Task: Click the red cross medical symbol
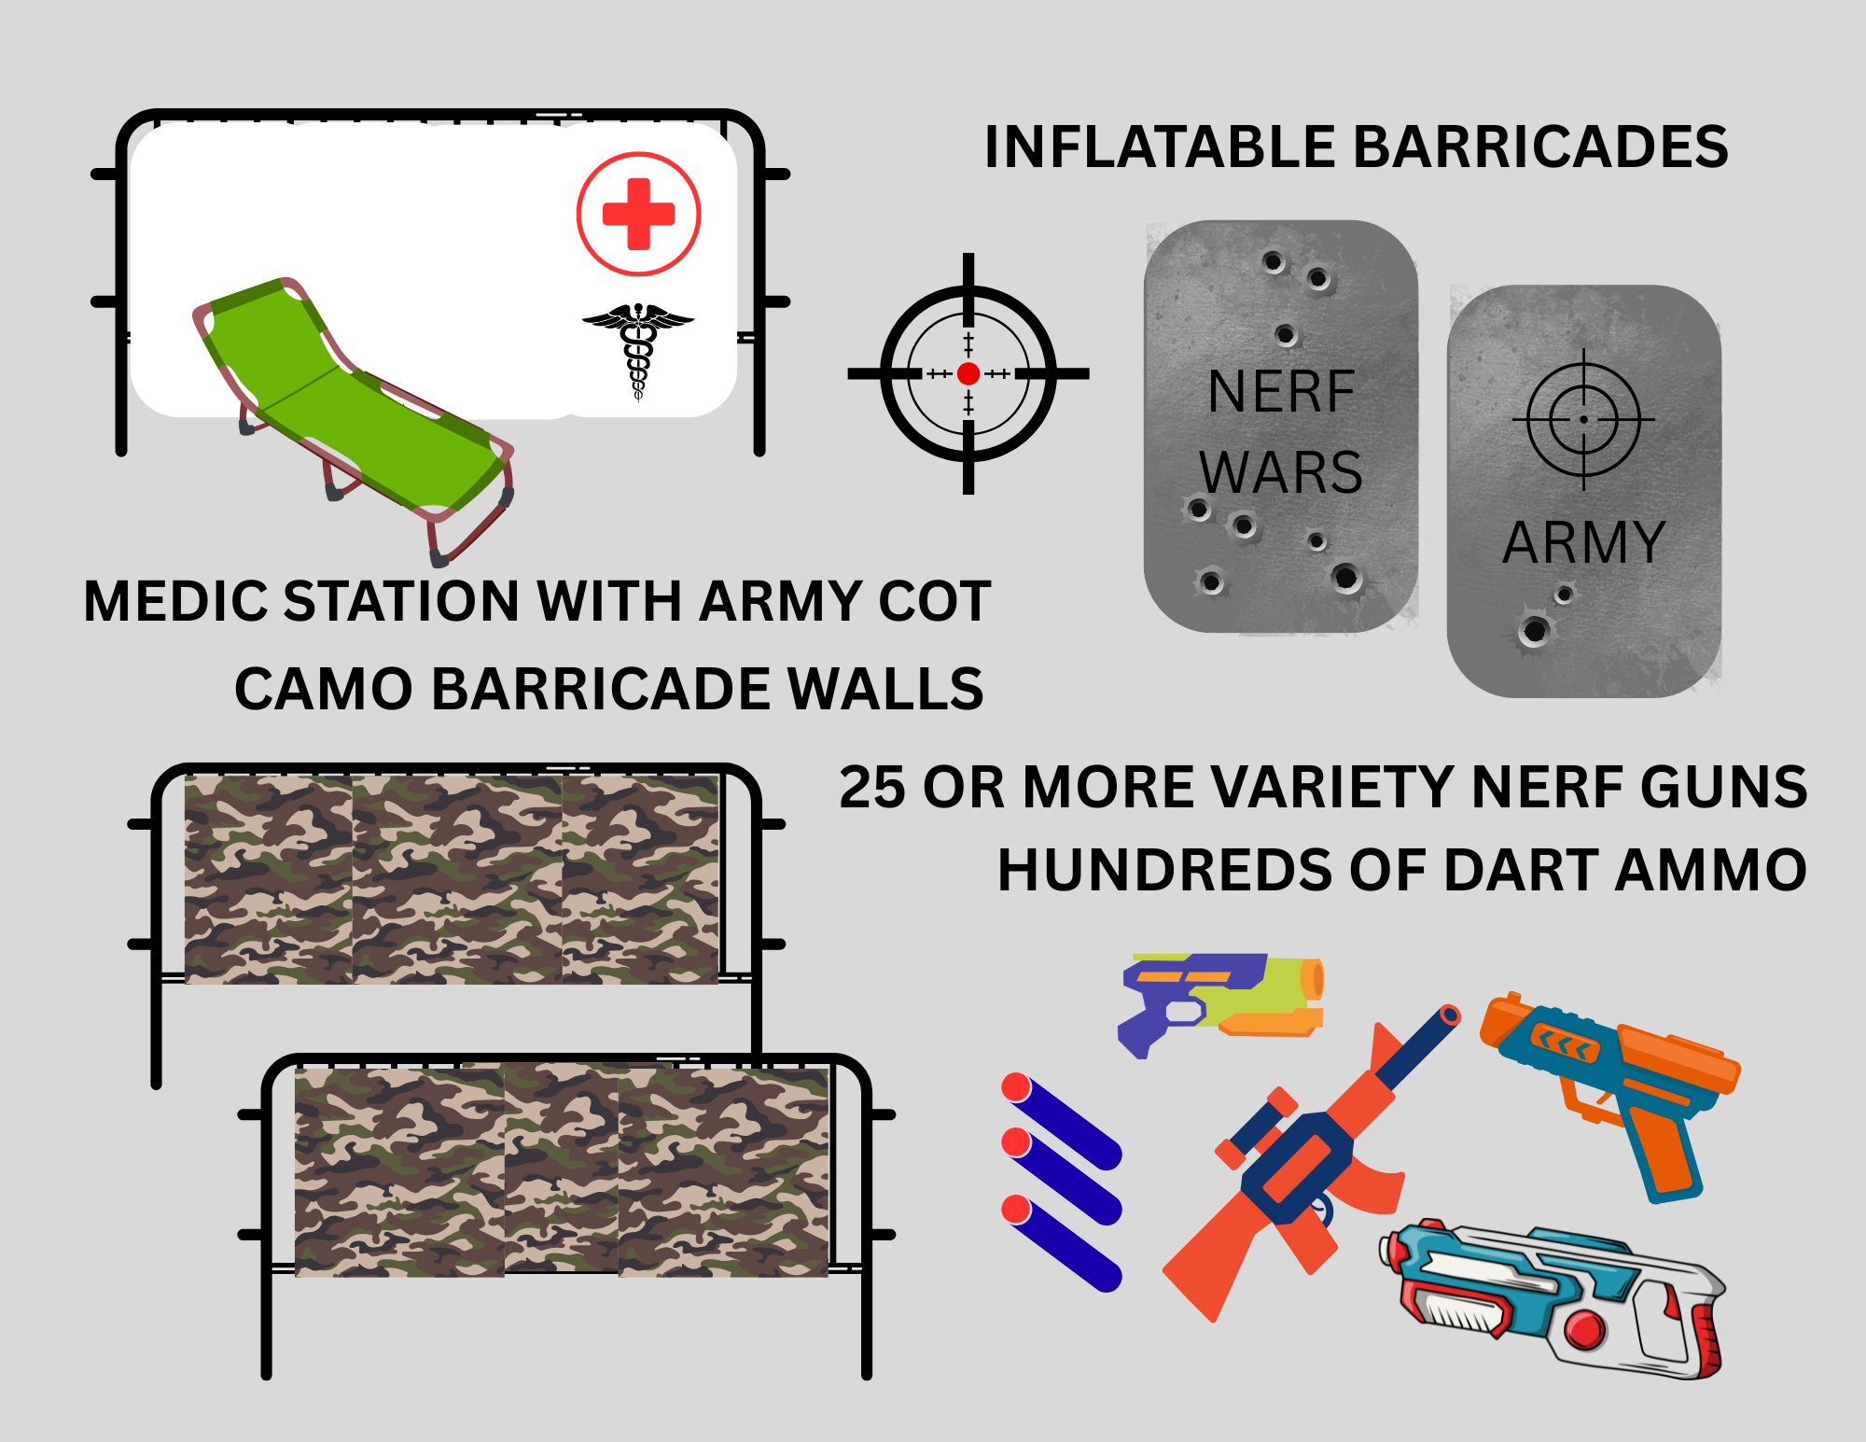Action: point(638,214)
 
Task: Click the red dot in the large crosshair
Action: point(968,374)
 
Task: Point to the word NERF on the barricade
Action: point(1280,392)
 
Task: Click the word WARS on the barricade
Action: point(1280,472)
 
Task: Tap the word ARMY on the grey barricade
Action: point(1583,542)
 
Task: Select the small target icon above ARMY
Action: point(1583,420)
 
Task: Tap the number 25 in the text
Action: point(871,787)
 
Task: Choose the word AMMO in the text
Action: point(1710,871)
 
